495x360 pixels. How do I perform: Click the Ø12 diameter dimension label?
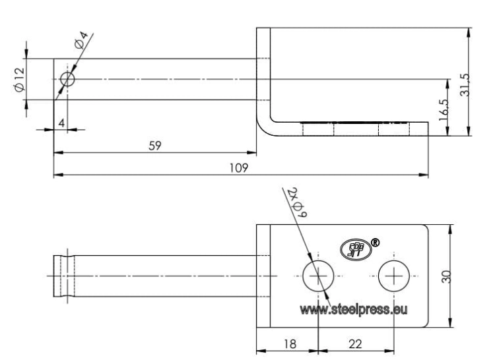click(x=19, y=80)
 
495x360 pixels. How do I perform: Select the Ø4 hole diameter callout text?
click(x=81, y=40)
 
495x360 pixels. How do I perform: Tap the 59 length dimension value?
click(x=154, y=146)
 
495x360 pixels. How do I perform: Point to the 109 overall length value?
click(x=239, y=167)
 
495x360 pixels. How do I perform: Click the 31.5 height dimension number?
click(x=465, y=84)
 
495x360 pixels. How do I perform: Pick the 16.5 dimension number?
click(x=444, y=109)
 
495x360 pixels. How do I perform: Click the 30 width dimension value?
click(x=446, y=276)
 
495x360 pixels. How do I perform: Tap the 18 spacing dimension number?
click(x=290, y=344)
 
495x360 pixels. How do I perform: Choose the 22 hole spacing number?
click(x=356, y=344)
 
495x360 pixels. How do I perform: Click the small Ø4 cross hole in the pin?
click(x=67, y=79)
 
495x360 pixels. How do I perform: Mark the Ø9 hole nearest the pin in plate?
click(x=318, y=276)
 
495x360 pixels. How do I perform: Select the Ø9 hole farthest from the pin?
click(x=394, y=276)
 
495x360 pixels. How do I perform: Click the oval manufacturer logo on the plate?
click(x=355, y=250)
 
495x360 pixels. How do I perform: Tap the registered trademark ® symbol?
click(x=375, y=243)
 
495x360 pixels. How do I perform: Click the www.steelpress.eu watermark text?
click(x=354, y=310)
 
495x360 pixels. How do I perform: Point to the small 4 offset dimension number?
click(x=61, y=123)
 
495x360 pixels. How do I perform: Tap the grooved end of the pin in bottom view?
click(x=64, y=276)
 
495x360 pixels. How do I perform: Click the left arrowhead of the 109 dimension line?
click(x=58, y=175)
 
